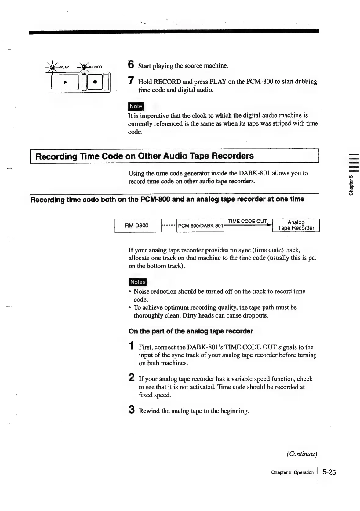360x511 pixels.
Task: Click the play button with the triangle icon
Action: (x=65, y=83)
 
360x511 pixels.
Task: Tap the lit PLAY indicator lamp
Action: (x=53, y=68)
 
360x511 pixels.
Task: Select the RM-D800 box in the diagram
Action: (x=138, y=226)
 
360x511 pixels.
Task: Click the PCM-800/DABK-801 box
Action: (x=200, y=226)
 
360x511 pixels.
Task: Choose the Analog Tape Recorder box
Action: (x=296, y=225)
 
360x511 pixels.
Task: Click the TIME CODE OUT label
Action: (x=247, y=221)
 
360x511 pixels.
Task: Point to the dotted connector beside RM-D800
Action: (x=169, y=226)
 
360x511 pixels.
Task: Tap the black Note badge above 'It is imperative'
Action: (x=136, y=106)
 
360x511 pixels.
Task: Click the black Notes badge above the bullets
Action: (x=138, y=282)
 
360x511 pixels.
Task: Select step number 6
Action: (x=131, y=65)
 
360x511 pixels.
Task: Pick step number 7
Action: (x=131, y=81)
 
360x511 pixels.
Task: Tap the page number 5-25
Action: (x=329, y=472)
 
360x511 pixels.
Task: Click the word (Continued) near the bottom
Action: (x=302, y=454)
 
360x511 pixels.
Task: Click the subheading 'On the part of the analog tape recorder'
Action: (x=191, y=331)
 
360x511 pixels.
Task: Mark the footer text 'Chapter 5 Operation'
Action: (x=292, y=472)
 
